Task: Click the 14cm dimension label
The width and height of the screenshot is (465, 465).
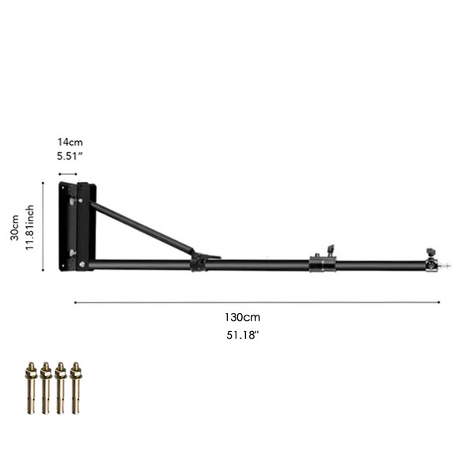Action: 70,142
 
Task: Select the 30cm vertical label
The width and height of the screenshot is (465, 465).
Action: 14,225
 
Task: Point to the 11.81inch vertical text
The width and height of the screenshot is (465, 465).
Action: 30,226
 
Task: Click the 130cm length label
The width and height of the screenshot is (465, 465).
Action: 242,317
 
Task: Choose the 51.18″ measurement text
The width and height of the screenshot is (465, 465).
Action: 242,334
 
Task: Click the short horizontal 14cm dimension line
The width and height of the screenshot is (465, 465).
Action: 68,173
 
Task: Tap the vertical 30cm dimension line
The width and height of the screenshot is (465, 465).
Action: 43,225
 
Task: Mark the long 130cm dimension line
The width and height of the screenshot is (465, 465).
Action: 257,302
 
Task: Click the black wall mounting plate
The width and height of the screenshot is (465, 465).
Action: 77,225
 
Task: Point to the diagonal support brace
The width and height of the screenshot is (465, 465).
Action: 142,227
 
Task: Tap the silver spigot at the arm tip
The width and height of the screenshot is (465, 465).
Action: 446,266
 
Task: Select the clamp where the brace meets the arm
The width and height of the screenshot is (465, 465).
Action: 200,261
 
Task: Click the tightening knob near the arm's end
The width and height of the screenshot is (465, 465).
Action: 430,252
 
